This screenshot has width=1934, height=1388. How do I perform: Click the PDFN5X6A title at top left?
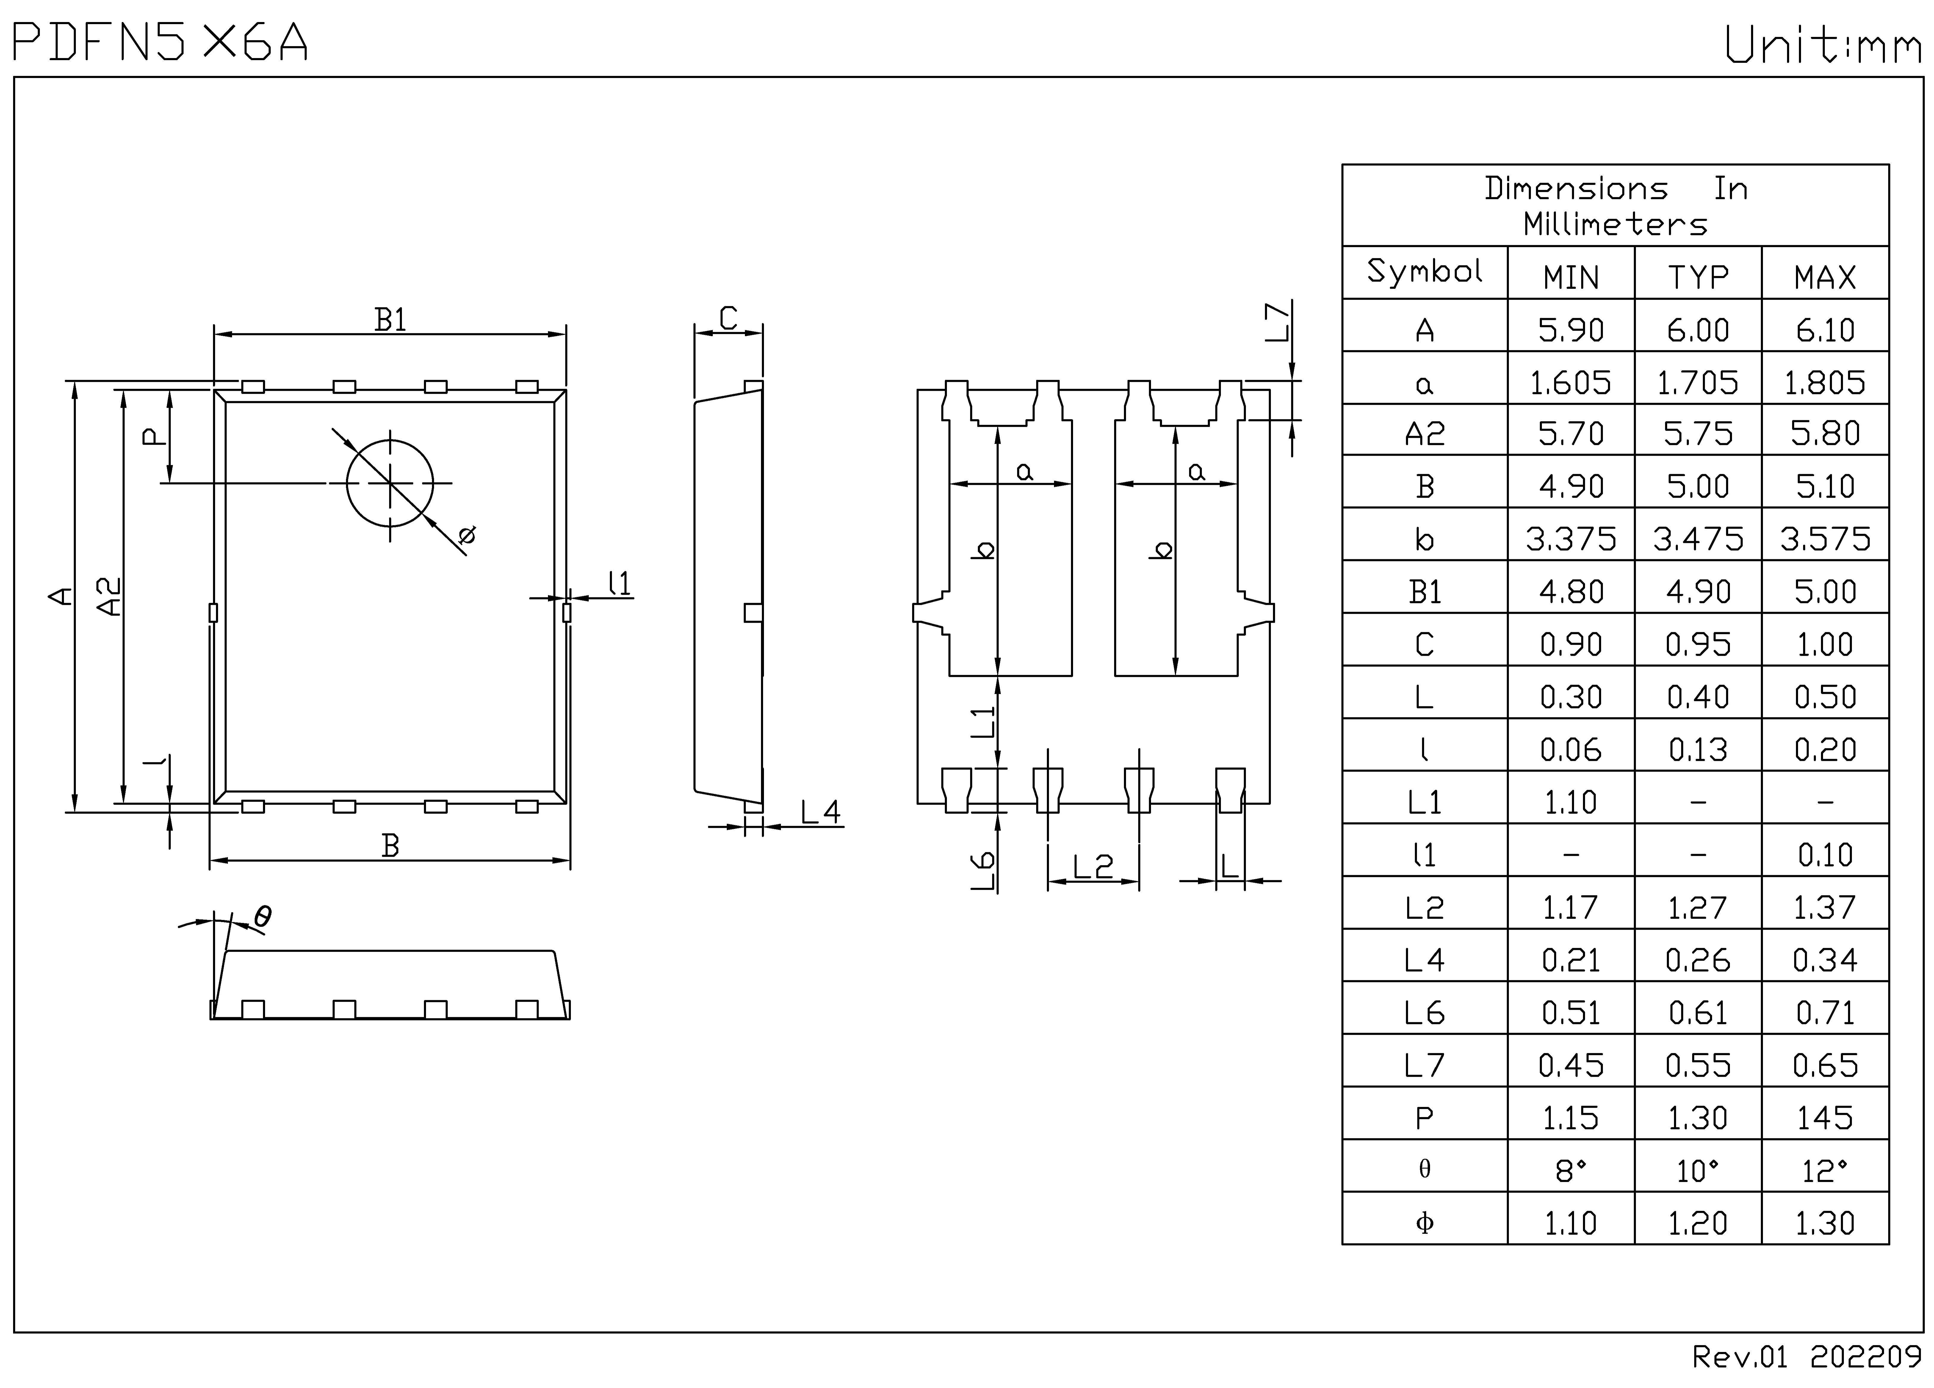click(x=160, y=43)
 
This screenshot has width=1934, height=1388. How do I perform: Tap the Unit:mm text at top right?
click(x=1823, y=44)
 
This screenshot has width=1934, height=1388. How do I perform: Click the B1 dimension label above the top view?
click(x=391, y=320)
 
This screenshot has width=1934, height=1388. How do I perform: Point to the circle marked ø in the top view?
click(x=390, y=483)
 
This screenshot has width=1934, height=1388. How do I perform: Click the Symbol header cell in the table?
click(x=1424, y=271)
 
